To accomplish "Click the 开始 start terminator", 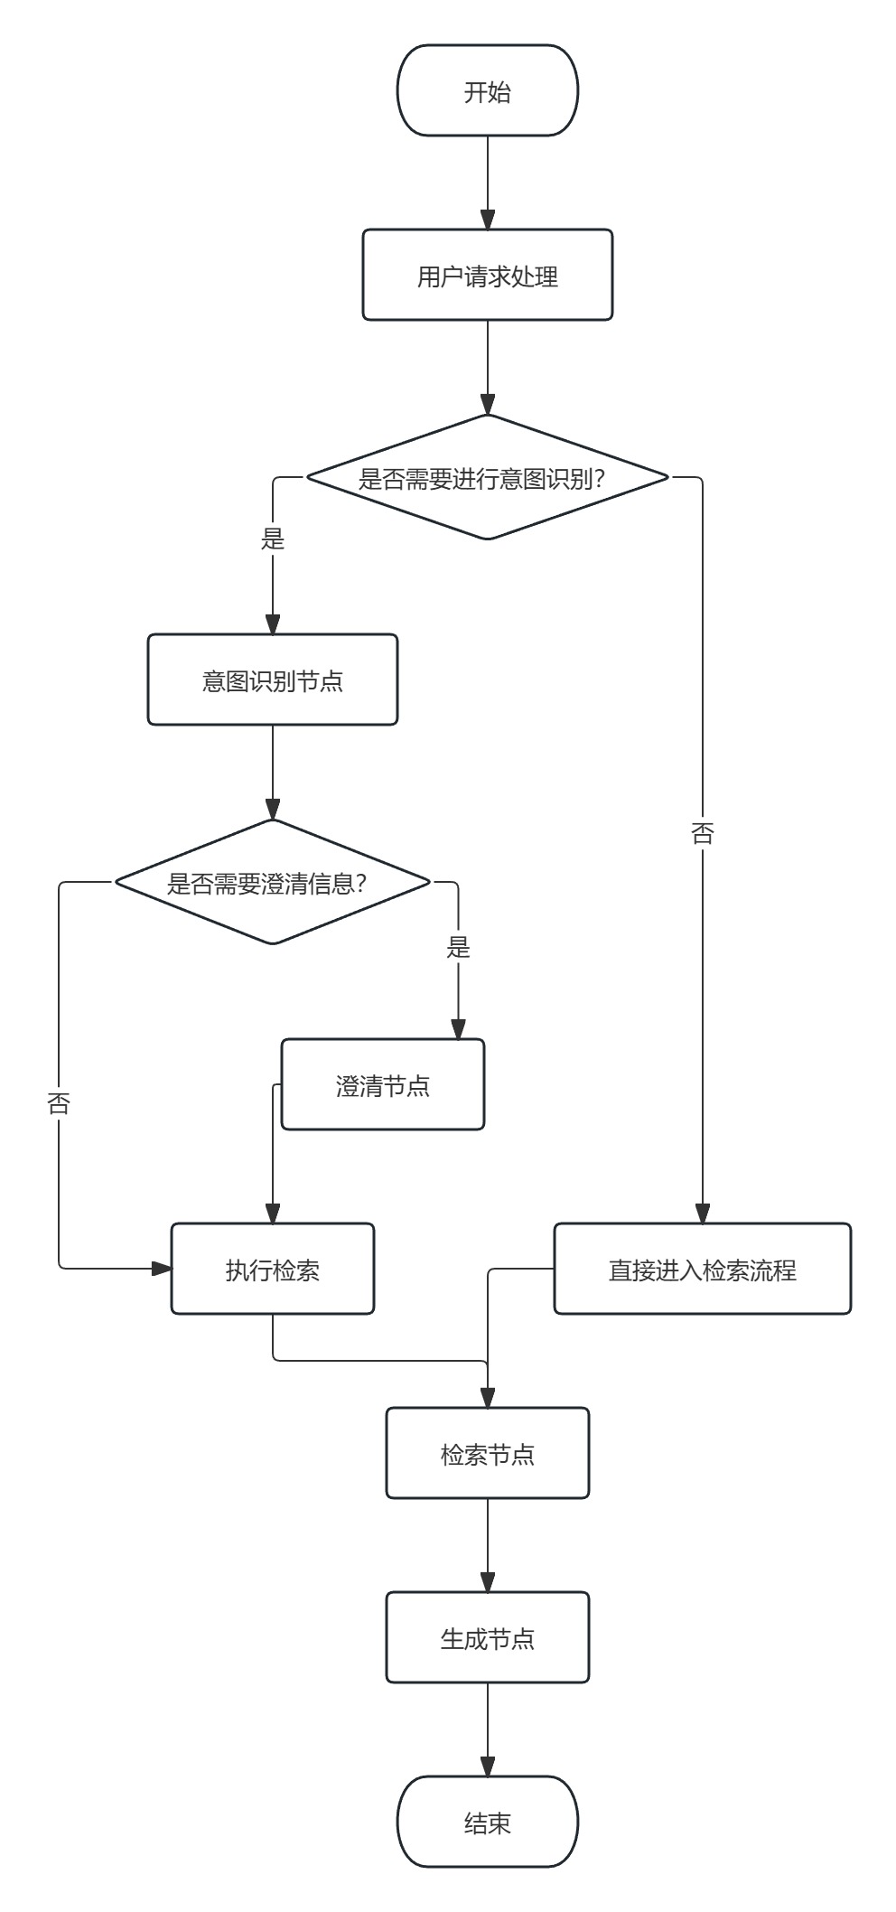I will (x=487, y=91).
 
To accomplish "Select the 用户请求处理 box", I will (x=487, y=275).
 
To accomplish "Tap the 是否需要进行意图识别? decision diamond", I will (x=487, y=477).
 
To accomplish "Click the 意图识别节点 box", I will (x=272, y=680).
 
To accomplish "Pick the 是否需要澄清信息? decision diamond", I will (x=272, y=882).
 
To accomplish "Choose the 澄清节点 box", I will (x=382, y=1084).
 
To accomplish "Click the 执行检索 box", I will (x=272, y=1269).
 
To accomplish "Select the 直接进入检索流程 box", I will (x=702, y=1269).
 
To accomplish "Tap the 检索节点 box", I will (x=487, y=1453).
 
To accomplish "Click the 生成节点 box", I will (x=487, y=1637).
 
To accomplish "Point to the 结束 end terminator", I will (x=487, y=1822).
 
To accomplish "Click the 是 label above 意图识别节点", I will (x=272, y=539).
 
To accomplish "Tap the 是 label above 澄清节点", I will (x=458, y=947).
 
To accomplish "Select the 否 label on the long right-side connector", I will (x=702, y=833).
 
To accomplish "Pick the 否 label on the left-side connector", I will (x=59, y=1103).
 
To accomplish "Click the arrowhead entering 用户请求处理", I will (x=487, y=220).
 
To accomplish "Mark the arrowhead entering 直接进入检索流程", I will (x=702, y=1214).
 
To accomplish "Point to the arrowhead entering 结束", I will (x=487, y=1767).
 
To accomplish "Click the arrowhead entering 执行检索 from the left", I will (x=162, y=1269).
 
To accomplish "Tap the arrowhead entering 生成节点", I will (x=487, y=1583).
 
